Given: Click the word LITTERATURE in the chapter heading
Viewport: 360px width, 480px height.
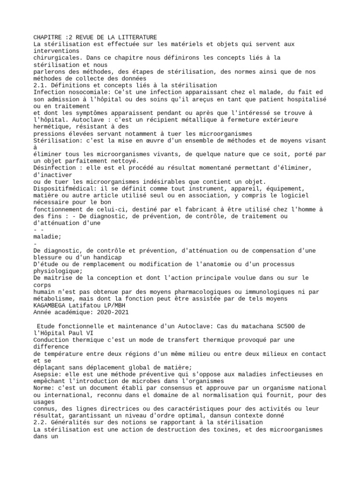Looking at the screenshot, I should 136,37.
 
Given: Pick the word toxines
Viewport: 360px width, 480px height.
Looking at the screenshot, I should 244,429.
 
